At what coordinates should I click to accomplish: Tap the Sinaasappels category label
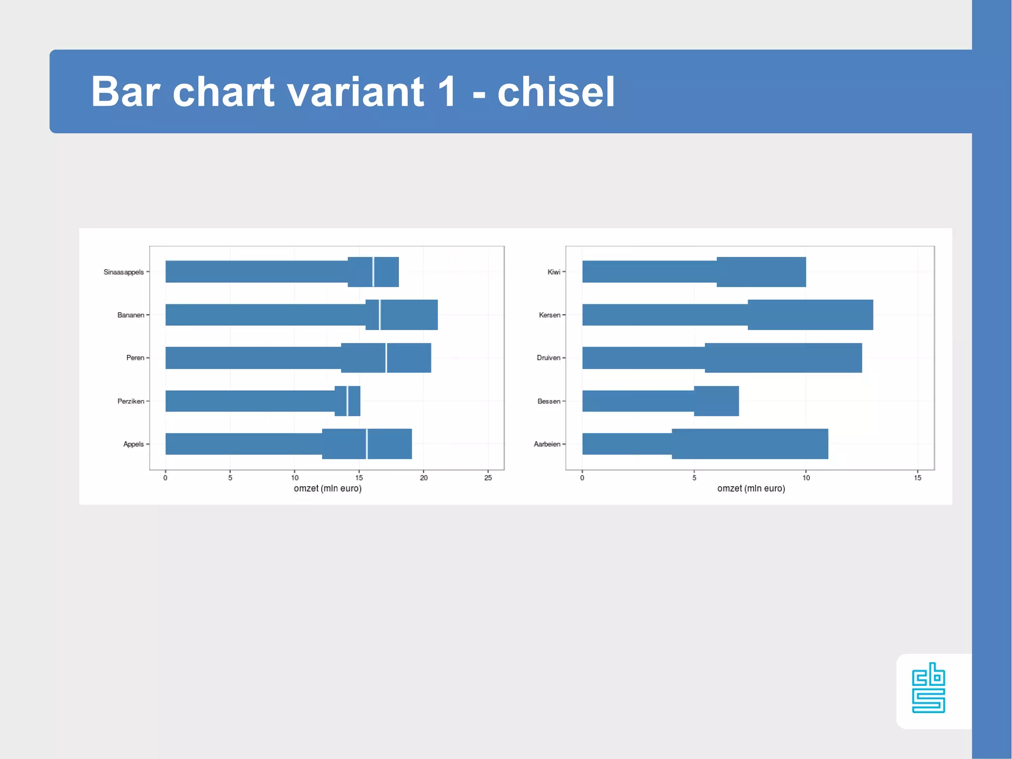pos(124,272)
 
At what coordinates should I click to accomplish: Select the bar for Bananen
pos(301,315)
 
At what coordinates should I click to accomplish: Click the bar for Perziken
pos(262,401)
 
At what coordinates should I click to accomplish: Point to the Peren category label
pos(135,358)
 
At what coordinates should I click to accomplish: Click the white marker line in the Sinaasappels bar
pos(373,272)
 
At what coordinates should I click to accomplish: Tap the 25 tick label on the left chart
pos(488,478)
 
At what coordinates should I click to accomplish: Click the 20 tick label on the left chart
pos(423,478)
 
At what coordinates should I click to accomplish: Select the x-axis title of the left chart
pos(328,489)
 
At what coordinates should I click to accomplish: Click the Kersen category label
pos(549,315)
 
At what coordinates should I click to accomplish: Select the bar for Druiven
pos(721,358)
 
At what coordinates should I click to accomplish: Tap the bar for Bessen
pos(660,401)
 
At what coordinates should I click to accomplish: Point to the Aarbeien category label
pos(547,444)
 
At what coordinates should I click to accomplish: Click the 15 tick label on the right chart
pos(918,478)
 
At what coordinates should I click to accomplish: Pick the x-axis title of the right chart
pos(751,489)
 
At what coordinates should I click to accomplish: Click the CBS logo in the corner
pos(928,688)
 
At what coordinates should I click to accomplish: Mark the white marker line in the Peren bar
pos(386,358)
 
